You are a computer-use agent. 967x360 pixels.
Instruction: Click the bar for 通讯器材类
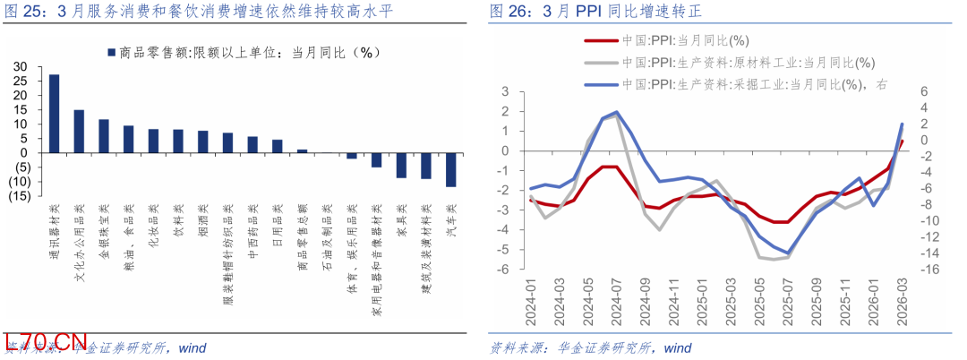[x=55, y=113]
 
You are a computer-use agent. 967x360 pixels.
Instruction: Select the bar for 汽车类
[x=451, y=169]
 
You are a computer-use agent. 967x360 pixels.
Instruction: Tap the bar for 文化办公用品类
[x=79, y=131]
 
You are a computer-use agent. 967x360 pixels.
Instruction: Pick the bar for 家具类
[x=402, y=165]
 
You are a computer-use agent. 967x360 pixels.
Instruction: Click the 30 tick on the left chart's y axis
[x=21, y=67]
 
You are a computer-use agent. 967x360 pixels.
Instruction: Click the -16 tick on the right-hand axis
[x=928, y=269]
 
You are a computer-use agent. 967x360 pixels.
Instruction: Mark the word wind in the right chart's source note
[x=678, y=347]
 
